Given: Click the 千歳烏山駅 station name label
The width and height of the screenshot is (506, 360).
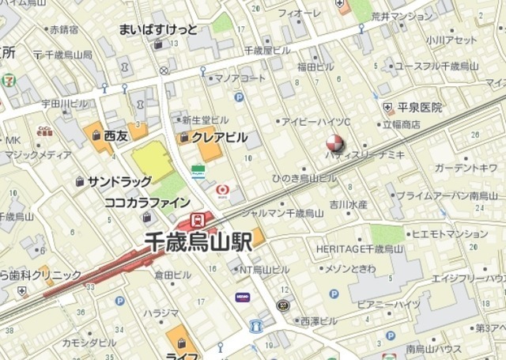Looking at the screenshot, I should (x=198, y=242).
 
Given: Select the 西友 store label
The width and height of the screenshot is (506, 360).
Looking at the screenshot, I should (x=115, y=136).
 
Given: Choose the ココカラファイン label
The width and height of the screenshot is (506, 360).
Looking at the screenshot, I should (x=147, y=202).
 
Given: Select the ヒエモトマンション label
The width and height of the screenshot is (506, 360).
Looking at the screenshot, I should (x=450, y=233).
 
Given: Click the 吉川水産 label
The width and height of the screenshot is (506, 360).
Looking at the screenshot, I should (x=349, y=204).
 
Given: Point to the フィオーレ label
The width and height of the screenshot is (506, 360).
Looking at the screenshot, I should (x=305, y=13).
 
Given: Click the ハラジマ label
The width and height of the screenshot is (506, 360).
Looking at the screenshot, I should (x=161, y=313).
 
